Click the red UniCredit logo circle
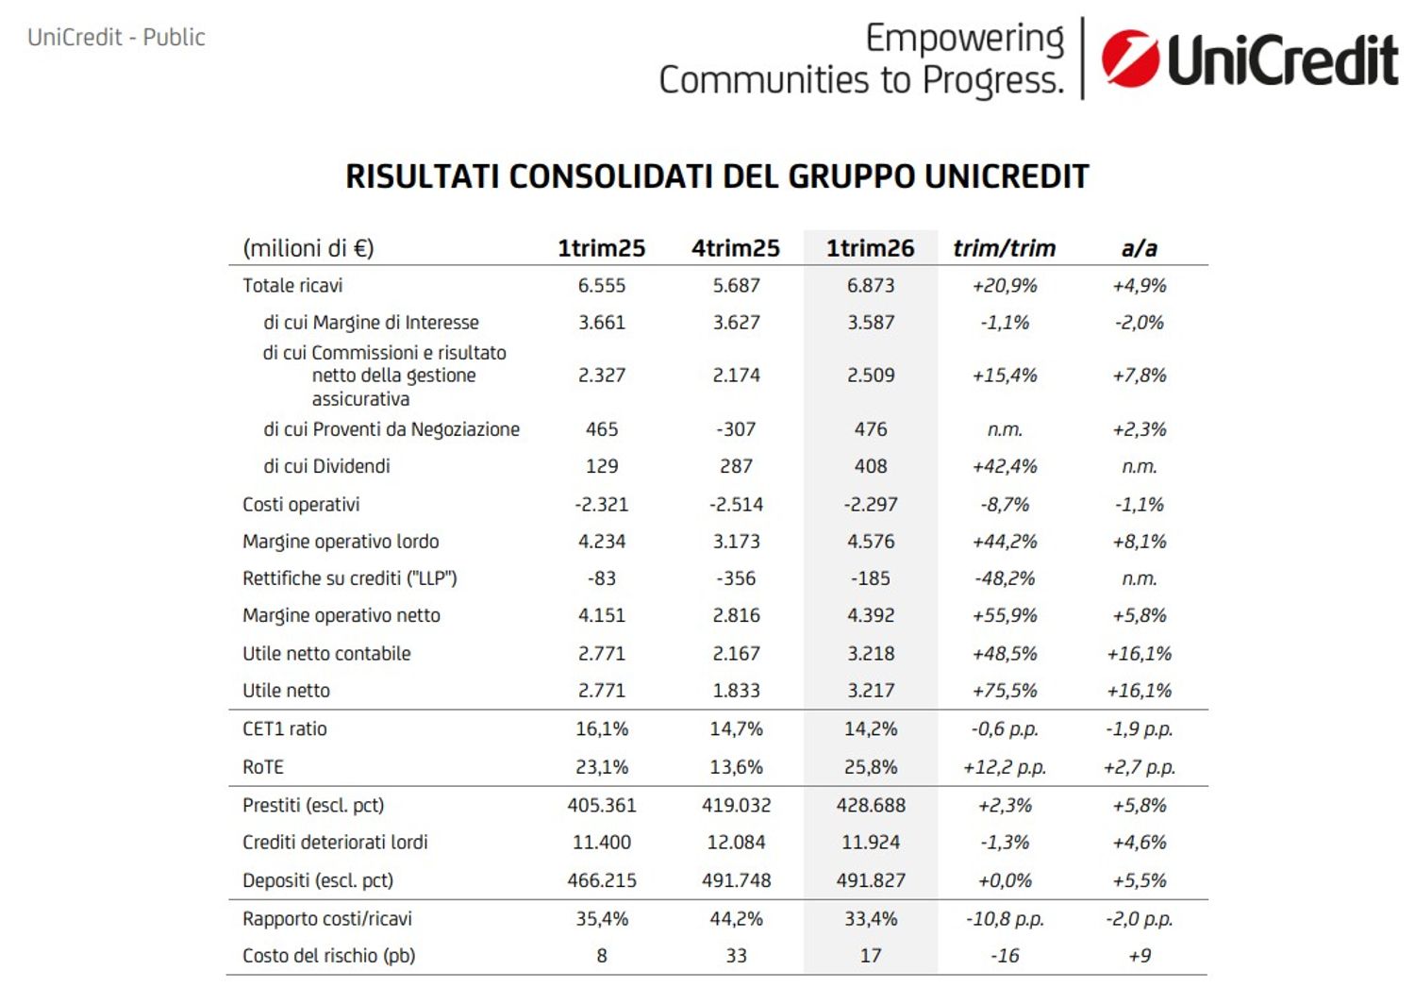click(x=1131, y=59)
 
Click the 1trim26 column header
click(x=870, y=248)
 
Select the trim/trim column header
click(x=1005, y=248)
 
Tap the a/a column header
click(x=1139, y=248)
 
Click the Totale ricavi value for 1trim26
click(x=871, y=286)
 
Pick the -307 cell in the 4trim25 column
click(x=736, y=429)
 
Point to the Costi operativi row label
click(x=301, y=504)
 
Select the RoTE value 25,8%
click(x=871, y=767)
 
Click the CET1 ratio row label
click(x=284, y=729)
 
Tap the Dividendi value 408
click(x=871, y=466)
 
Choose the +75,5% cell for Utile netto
click(x=1005, y=691)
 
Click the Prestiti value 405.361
click(x=602, y=806)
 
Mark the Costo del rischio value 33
click(x=736, y=955)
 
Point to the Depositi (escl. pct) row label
click(x=318, y=880)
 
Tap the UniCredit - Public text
click(x=116, y=38)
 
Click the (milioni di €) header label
click(x=308, y=248)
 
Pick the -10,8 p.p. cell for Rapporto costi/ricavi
click(x=1005, y=919)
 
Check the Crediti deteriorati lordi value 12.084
click(x=736, y=843)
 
